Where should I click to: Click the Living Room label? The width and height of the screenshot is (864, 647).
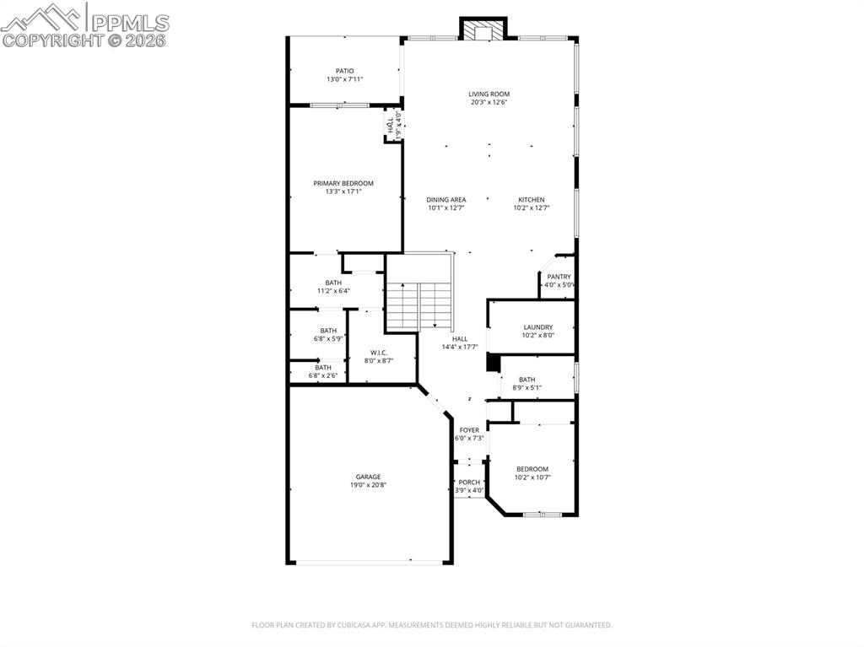(x=489, y=94)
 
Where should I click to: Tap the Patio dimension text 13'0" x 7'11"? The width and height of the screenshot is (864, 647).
(x=344, y=79)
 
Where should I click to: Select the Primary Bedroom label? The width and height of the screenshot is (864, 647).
(x=343, y=183)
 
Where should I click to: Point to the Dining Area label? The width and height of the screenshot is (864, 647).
(x=446, y=200)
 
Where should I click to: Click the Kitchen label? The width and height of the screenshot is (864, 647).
(x=532, y=200)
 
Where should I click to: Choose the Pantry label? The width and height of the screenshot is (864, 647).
(x=559, y=277)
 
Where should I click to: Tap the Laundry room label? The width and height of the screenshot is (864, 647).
(x=537, y=327)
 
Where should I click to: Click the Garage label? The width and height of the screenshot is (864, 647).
(x=368, y=477)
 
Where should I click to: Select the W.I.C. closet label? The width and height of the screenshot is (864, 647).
(x=379, y=353)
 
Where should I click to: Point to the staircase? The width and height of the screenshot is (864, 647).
(x=419, y=305)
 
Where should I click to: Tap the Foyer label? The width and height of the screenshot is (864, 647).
(x=469, y=430)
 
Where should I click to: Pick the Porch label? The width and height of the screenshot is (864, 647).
(x=469, y=483)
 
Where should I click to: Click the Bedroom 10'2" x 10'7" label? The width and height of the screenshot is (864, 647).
(x=532, y=469)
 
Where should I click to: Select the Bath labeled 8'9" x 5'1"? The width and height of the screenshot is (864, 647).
(x=527, y=380)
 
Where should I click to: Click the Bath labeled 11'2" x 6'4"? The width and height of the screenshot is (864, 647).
(x=333, y=283)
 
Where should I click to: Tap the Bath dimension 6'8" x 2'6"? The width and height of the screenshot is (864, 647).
(x=323, y=375)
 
